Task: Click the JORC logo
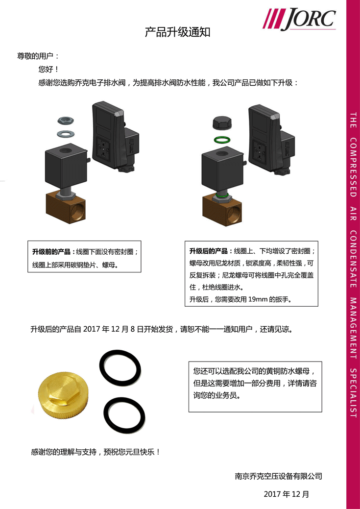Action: tap(299, 19)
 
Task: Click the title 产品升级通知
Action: tap(178, 32)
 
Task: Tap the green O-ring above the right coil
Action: tap(222, 140)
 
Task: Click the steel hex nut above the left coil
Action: tap(67, 121)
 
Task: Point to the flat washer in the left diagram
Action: tap(66, 133)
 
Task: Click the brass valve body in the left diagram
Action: tap(66, 208)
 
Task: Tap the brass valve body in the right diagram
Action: tap(222, 211)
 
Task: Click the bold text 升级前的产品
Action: tap(51, 252)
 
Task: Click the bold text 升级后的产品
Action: tap(209, 251)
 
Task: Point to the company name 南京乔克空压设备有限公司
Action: tap(279, 476)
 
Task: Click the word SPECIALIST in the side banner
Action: tap(354, 393)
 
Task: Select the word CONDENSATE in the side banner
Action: tap(354, 259)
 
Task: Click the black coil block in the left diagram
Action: tap(66, 166)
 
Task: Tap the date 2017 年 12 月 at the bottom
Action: tap(287, 494)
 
